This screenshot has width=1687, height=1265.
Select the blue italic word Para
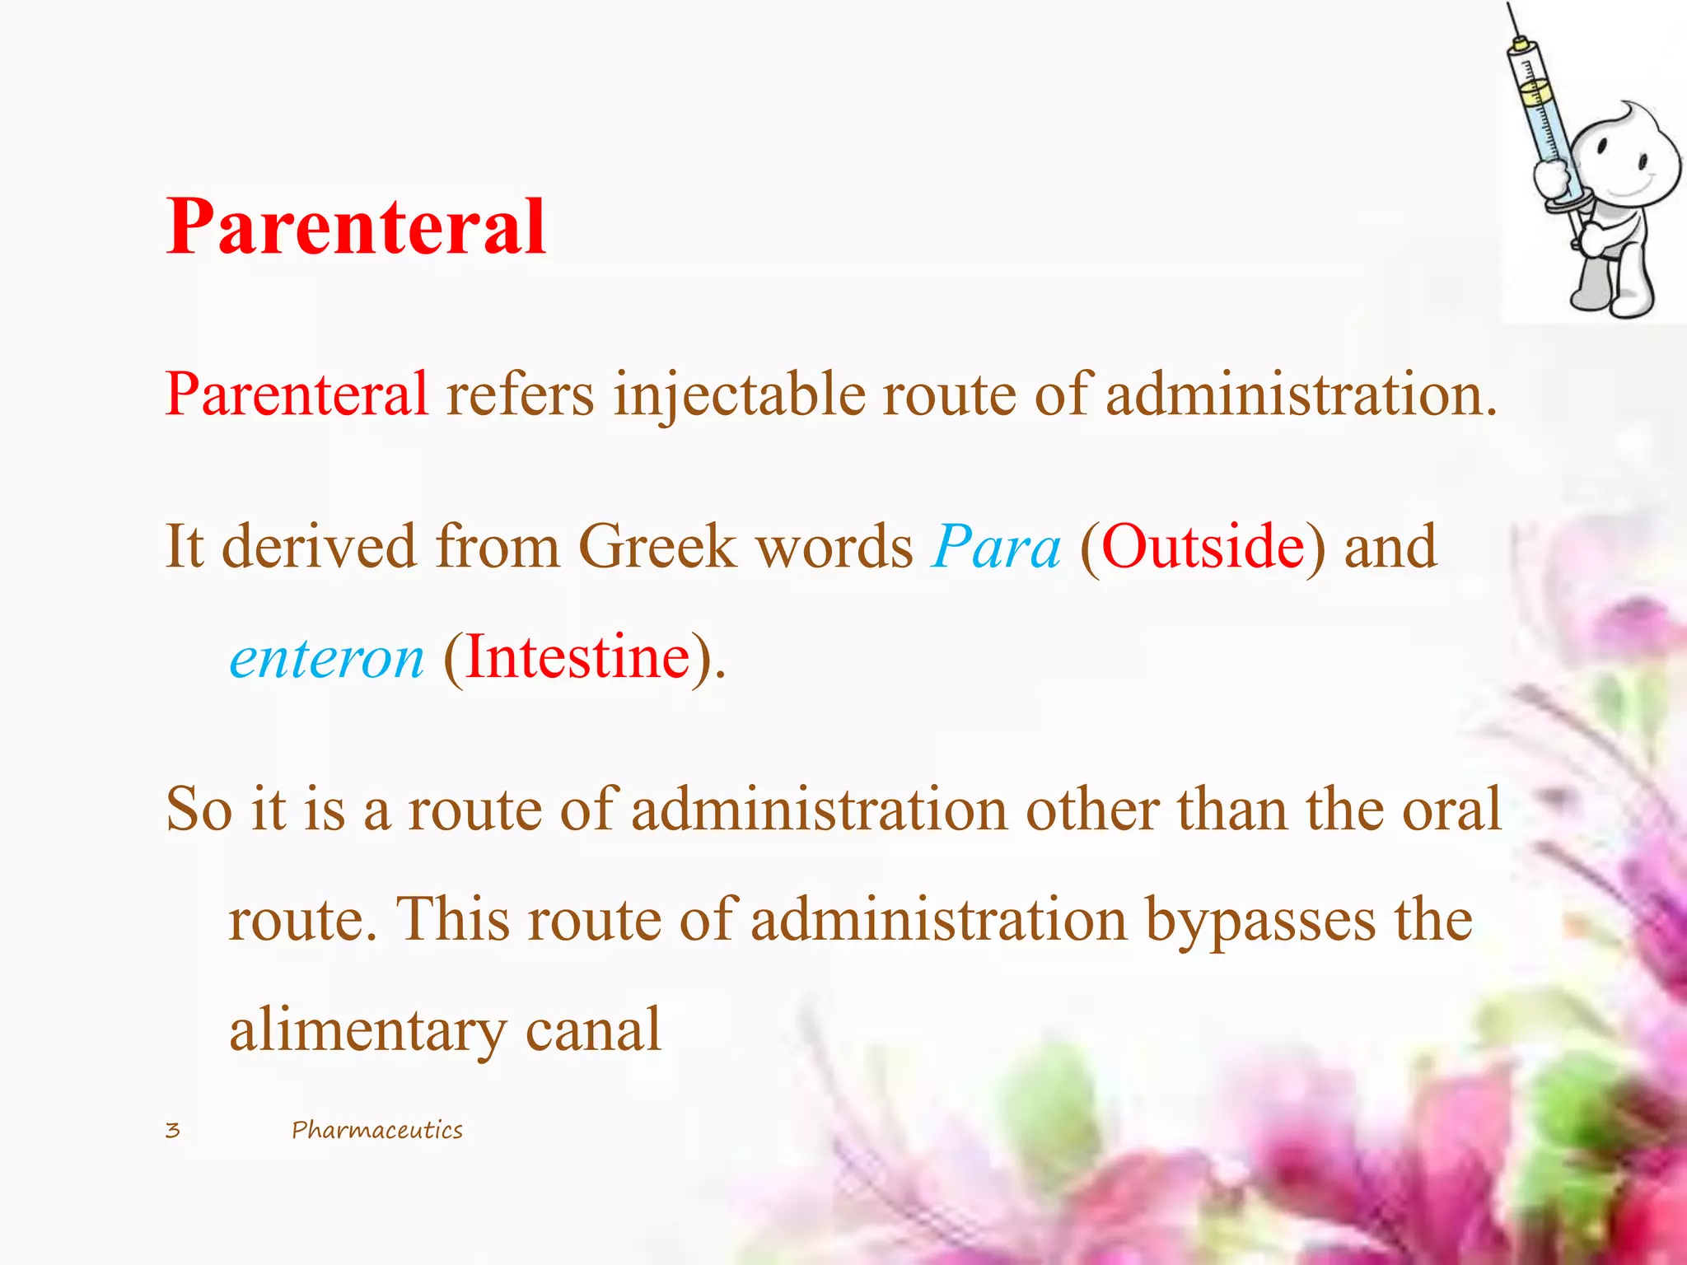pos(995,547)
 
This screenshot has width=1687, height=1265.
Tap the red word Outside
pos(1203,547)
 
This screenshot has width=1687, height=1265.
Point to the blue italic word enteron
pos(326,659)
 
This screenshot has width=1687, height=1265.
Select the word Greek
pos(657,547)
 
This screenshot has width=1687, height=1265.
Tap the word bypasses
pos(1260,921)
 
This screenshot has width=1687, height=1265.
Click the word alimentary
pos(368,1031)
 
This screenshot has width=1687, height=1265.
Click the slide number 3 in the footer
pos(172,1130)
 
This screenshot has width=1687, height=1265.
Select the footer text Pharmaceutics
pos(377,1130)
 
